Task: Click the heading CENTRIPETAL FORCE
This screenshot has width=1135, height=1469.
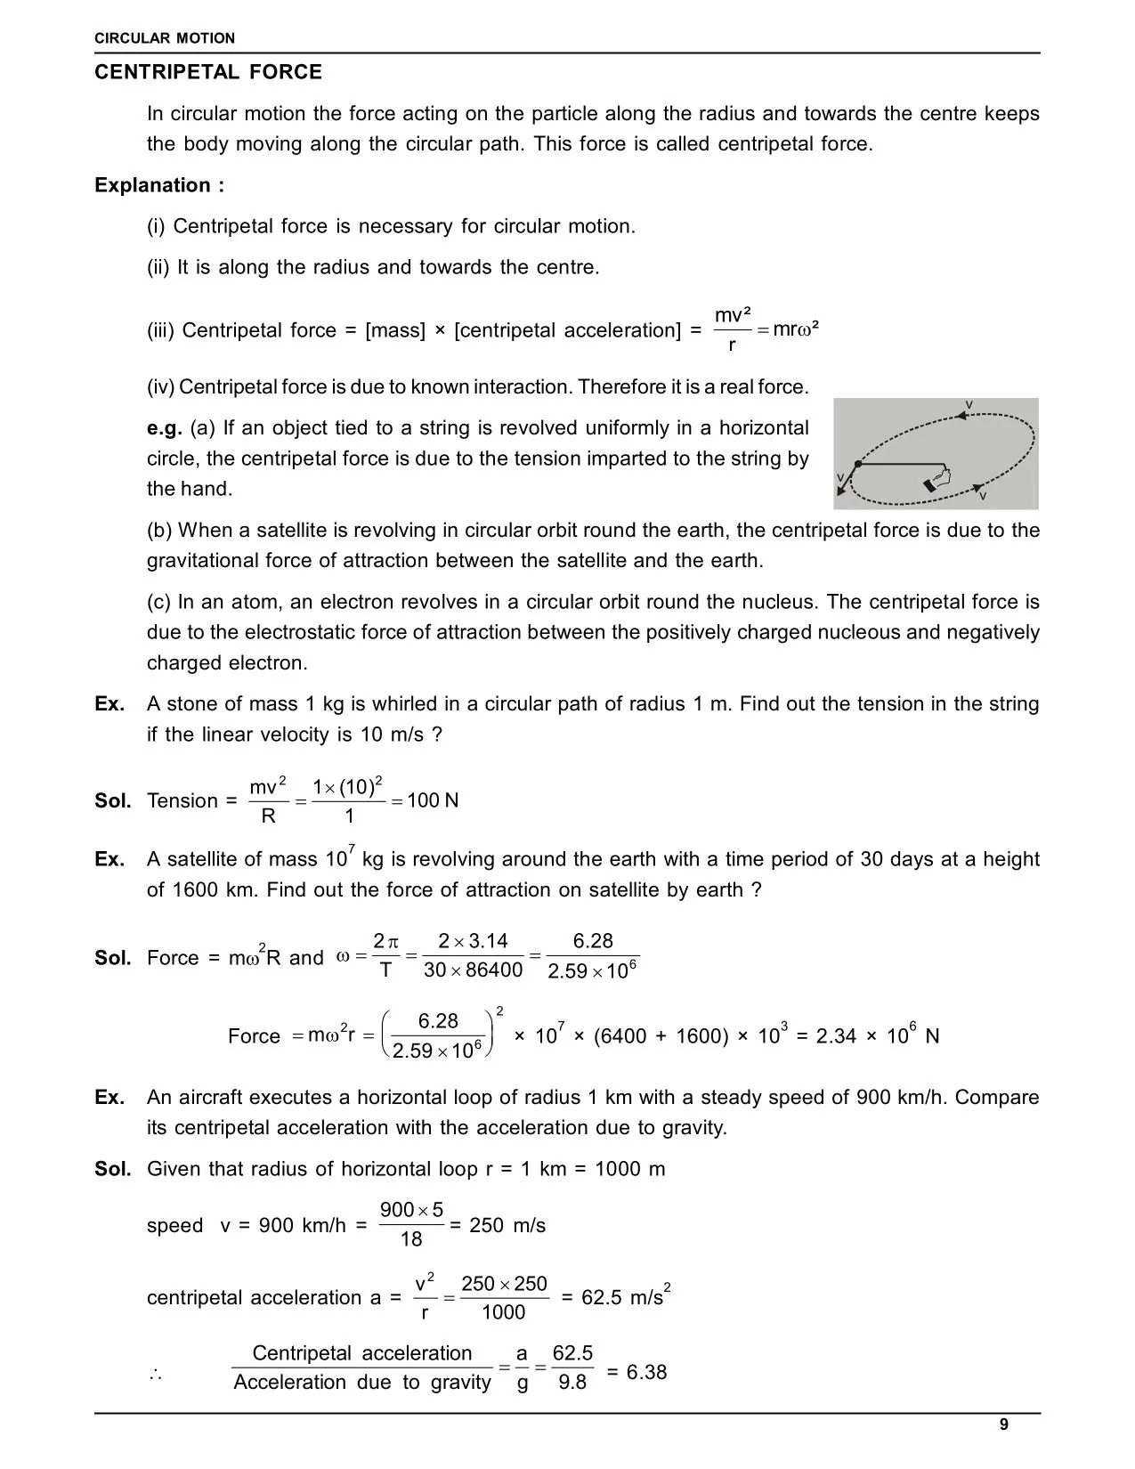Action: [x=208, y=72]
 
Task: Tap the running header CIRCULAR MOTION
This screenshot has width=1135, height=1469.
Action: [x=165, y=38]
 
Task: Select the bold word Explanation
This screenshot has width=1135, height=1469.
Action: [x=152, y=185]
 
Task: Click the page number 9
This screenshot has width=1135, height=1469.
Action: [x=1004, y=1424]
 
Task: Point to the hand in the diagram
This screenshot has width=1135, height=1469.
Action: [x=938, y=478]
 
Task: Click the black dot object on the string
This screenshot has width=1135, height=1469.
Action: [x=857, y=464]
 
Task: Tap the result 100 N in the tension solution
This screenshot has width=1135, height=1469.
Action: [x=433, y=800]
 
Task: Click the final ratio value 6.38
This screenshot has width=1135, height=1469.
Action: [x=646, y=1372]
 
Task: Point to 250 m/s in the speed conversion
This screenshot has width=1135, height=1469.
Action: [x=507, y=1225]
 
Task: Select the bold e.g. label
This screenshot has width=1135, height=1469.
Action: [x=165, y=427]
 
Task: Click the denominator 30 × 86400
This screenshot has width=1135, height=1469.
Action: [x=473, y=970]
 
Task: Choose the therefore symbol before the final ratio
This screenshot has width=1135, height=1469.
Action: [x=156, y=1376]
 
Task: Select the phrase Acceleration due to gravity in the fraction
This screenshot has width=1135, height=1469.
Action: [x=362, y=1383]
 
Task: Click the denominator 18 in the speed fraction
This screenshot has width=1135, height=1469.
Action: [x=411, y=1239]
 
